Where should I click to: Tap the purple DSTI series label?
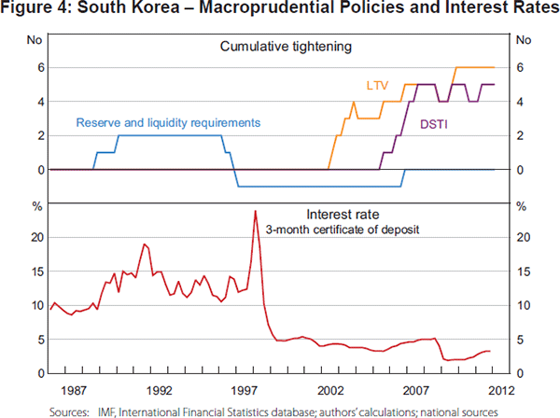(x=432, y=122)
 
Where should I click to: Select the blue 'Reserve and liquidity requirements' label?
(x=168, y=122)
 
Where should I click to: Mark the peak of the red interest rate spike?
(x=255, y=211)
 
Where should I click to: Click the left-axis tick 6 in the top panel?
(x=39, y=68)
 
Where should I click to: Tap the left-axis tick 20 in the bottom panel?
(x=37, y=237)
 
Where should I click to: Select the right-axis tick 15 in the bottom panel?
(x=522, y=272)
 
